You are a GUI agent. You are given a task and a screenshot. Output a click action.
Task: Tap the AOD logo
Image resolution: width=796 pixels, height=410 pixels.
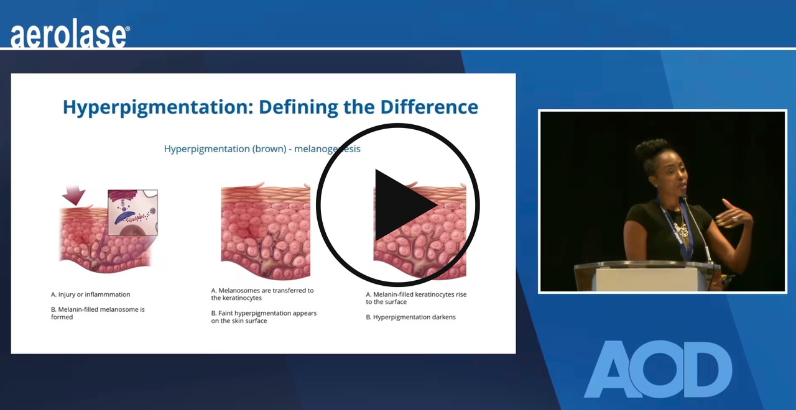pos(658,369)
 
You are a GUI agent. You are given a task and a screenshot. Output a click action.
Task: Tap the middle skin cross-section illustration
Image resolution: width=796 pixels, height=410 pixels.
pos(266,230)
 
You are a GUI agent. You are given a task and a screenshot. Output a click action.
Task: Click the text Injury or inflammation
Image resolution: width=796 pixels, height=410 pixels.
pos(91,294)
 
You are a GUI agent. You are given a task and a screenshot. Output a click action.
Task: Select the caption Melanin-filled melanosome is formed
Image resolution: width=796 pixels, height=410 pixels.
pos(98,313)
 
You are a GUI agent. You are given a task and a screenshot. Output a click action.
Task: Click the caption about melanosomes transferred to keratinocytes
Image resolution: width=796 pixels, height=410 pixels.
pos(262,294)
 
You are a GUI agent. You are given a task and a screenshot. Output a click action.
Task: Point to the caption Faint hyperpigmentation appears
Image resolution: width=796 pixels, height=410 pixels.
pos(264,317)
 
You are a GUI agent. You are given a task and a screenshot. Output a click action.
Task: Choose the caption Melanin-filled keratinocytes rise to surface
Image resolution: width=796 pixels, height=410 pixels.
pos(415,298)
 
